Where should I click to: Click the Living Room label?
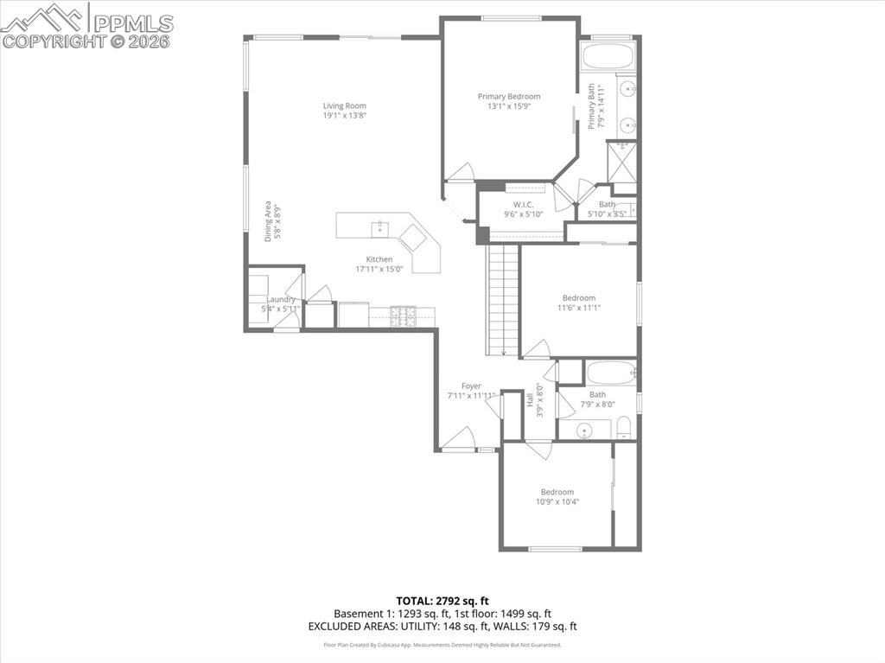click(345, 106)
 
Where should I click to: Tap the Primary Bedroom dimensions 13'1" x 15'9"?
click(509, 106)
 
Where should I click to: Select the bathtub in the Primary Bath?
click(608, 57)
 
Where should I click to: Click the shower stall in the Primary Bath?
click(621, 162)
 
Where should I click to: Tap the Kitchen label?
click(379, 259)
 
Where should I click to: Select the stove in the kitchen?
click(402, 316)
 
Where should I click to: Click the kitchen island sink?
click(379, 228)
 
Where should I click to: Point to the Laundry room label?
click(281, 299)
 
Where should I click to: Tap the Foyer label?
click(471, 386)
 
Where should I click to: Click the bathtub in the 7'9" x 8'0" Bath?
click(611, 373)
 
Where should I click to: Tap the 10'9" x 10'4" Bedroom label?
click(557, 492)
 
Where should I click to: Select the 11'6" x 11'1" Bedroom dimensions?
click(578, 307)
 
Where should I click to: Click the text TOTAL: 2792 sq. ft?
click(442, 600)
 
